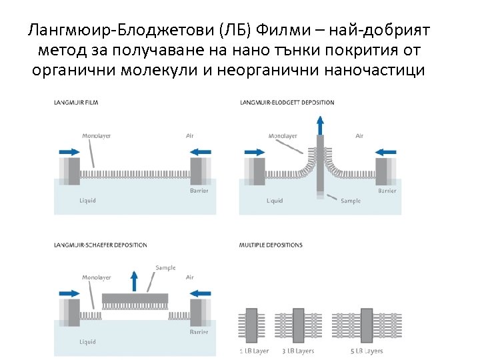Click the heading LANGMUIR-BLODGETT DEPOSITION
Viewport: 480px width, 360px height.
(287, 103)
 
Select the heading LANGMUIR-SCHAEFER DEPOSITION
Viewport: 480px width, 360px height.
(101, 245)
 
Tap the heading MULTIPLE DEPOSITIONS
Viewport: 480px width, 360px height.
(271, 245)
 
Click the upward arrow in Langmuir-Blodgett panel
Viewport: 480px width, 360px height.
(320, 125)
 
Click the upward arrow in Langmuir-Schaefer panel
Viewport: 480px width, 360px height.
(134, 281)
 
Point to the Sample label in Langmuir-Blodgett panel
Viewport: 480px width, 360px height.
(350, 201)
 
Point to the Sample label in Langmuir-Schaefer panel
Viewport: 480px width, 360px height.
(165, 268)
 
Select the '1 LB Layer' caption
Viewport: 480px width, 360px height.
(253, 351)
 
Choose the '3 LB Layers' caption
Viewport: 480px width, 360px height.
(298, 351)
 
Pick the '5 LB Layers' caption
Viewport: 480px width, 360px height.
(368, 351)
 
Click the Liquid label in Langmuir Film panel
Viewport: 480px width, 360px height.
(87, 200)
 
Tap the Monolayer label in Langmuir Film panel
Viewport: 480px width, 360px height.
(96, 136)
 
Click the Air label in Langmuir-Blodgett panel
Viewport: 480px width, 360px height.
(359, 136)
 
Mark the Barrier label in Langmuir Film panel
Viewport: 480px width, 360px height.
(199, 191)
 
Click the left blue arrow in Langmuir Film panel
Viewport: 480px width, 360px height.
(69, 151)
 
